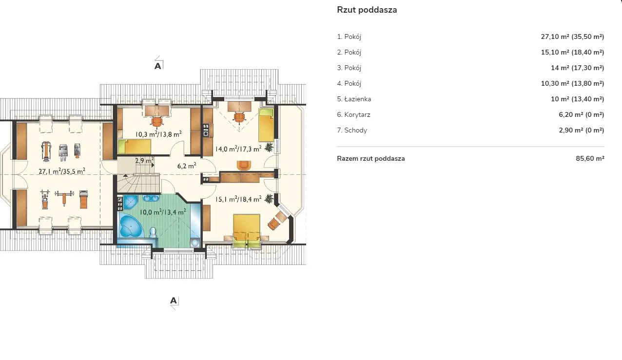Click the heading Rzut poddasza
(367, 10)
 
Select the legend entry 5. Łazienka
(354, 99)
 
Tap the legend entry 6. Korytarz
(354, 114)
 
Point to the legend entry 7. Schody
(352, 130)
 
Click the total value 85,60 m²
(590, 158)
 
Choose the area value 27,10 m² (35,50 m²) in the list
(573, 37)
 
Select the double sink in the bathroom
(151, 198)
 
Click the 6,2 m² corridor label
(187, 166)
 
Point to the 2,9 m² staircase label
(144, 160)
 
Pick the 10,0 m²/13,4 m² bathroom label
(163, 212)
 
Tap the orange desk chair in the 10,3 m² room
(157, 122)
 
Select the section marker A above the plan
(158, 66)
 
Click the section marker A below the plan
(173, 301)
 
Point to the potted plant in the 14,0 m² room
(269, 147)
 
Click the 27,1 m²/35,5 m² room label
(62, 171)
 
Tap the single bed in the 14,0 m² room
(266, 125)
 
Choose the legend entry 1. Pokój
(349, 37)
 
